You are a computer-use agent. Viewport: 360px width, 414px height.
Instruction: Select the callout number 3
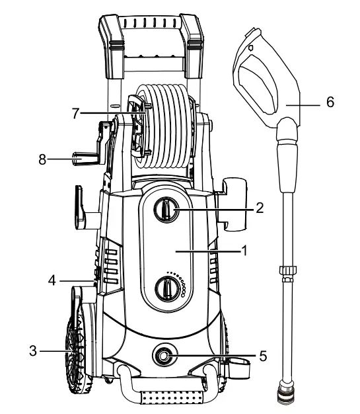[x=33, y=350]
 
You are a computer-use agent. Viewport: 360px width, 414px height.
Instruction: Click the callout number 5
[x=263, y=356]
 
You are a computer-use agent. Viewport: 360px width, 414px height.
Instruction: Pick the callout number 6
[x=330, y=103]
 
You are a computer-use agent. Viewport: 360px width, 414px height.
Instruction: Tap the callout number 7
[x=77, y=113]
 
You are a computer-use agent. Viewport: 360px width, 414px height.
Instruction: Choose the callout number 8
[x=43, y=159]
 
